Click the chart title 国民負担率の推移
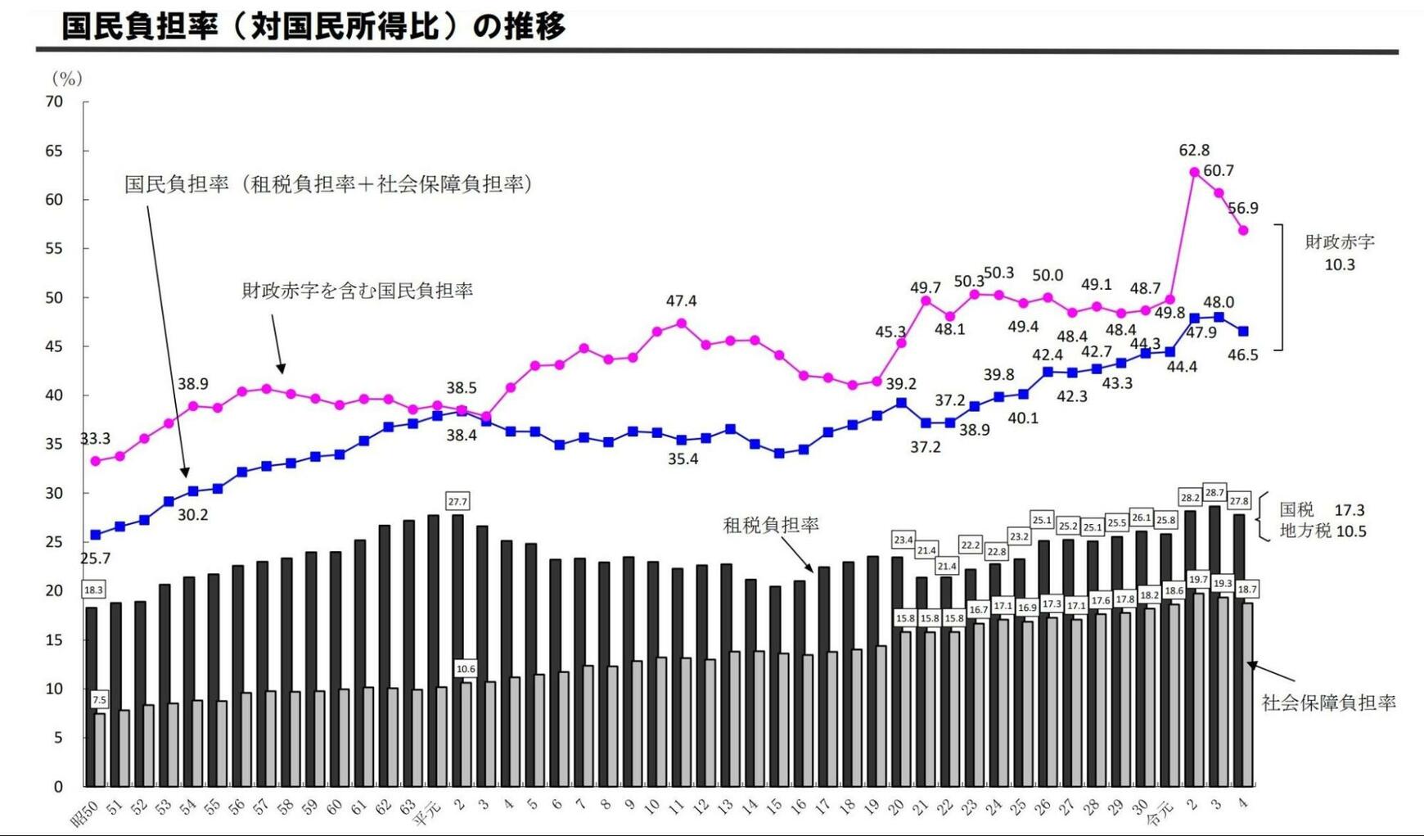(313, 26)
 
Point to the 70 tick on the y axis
(54, 102)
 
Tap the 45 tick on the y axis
(54, 346)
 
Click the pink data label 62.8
(1194, 150)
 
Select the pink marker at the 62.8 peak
(1194, 172)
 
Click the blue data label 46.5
(1242, 355)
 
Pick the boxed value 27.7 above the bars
(457, 501)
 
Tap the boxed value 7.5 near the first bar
(99, 700)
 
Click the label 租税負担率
(771, 525)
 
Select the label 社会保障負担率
(1328, 703)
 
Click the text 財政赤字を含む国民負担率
(357, 291)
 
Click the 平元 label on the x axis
(427, 813)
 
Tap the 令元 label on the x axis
(1160, 813)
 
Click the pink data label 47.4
(681, 301)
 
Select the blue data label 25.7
(95, 558)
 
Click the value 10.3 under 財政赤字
(1340, 264)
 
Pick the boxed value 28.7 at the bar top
(1215, 493)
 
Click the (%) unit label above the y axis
(67, 79)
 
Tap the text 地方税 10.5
(1323, 531)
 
